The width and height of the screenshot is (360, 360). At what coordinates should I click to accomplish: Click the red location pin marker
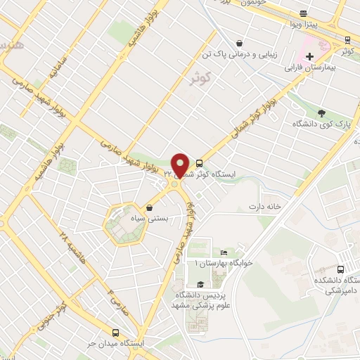(180, 165)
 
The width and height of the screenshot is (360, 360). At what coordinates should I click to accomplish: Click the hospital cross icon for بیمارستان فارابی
(309, 56)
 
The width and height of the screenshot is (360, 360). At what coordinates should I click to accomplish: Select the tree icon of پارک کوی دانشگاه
(321, 112)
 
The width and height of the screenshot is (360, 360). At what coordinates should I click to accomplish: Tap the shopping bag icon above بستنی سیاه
(150, 207)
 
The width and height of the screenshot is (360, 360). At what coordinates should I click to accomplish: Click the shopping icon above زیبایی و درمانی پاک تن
(240, 43)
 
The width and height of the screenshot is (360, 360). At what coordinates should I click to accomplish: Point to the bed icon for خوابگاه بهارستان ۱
(224, 253)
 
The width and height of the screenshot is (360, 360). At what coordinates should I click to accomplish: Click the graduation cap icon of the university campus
(201, 284)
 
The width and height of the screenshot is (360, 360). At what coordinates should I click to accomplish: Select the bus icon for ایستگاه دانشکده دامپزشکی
(341, 269)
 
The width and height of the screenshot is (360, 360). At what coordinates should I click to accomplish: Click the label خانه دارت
(264, 207)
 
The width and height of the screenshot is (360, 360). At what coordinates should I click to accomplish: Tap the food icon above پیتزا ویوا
(303, 13)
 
